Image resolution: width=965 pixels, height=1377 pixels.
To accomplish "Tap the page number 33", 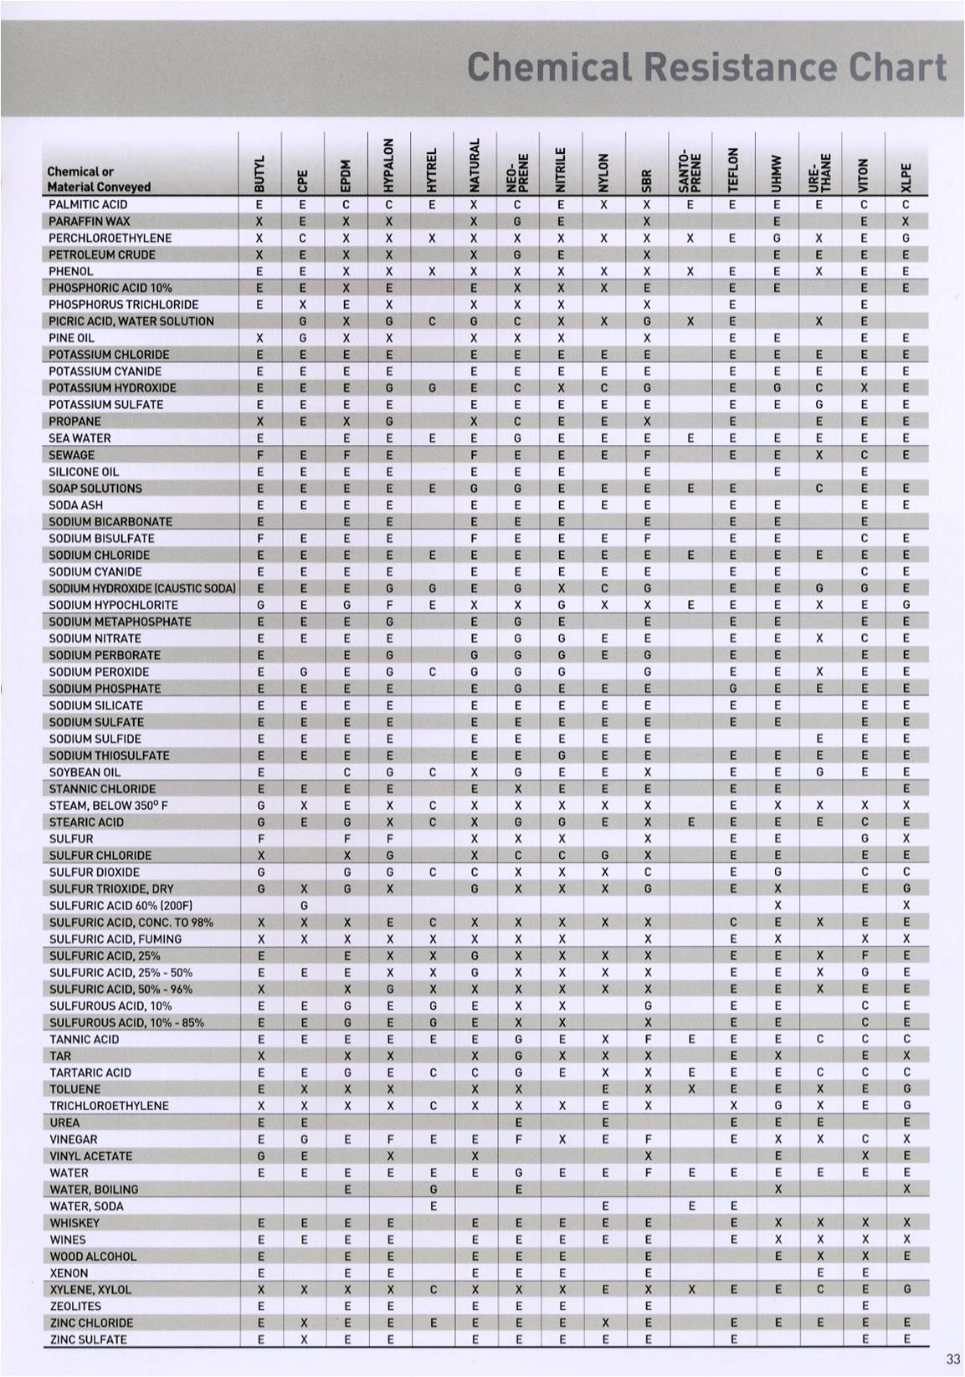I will pyautogui.click(x=952, y=1359).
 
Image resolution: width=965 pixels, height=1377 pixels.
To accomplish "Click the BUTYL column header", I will pyautogui.click(x=260, y=172).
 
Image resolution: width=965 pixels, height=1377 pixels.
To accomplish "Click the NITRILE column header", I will pyautogui.click(x=562, y=167).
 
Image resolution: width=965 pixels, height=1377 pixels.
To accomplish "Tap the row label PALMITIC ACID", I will pyautogui.click(x=88, y=204).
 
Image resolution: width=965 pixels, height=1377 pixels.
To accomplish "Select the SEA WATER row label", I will pyautogui.click(x=80, y=438).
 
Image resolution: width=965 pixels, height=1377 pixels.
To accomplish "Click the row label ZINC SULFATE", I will pyautogui.click(x=88, y=1339).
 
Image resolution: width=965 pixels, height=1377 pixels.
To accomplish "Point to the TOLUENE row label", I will pyautogui.click(x=74, y=1088).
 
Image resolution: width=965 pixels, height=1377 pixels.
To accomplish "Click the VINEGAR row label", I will pyautogui.click(x=74, y=1139).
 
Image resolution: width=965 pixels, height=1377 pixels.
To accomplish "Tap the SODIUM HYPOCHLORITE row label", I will pyautogui.click(x=113, y=605).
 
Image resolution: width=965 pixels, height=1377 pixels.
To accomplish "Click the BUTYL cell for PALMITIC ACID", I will pyautogui.click(x=260, y=204).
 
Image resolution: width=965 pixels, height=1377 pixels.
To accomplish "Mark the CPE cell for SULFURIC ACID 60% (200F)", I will pyautogui.click(x=304, y=905).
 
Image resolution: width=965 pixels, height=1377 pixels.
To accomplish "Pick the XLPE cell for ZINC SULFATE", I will pyautogui.click(x=906, y=1339).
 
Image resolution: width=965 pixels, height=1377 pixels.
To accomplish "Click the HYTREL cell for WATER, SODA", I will pyautogui.click(x=433, y=1206).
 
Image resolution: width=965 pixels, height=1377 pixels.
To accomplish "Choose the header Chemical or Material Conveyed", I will pyautogui.click(x=99, y=179).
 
